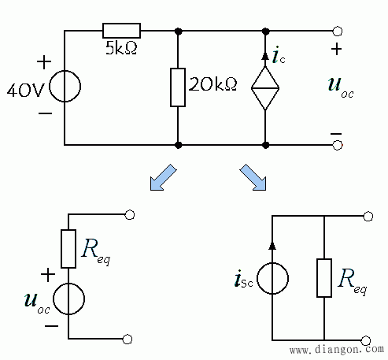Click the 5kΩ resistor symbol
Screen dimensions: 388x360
121,31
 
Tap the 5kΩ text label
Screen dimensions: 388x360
121,48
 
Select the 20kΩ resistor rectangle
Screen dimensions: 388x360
178,87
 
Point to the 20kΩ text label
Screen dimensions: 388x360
212,84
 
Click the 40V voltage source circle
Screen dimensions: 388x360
65,86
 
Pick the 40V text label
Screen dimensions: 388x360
25,91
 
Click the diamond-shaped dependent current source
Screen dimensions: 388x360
265,88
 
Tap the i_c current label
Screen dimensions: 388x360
279,56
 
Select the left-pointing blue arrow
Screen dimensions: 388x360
163,177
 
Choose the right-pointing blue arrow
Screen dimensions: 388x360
253,177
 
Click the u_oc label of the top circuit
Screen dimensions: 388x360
341,87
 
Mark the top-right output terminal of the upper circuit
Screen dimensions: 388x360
338,31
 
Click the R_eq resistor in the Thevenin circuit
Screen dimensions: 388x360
68,249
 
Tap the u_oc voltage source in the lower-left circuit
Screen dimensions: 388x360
68,299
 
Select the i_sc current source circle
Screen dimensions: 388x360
272,278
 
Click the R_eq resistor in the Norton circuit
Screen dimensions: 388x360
324,278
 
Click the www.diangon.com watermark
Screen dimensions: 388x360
337,350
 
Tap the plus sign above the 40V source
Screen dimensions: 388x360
44,62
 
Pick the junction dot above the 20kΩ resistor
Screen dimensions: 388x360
178,32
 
